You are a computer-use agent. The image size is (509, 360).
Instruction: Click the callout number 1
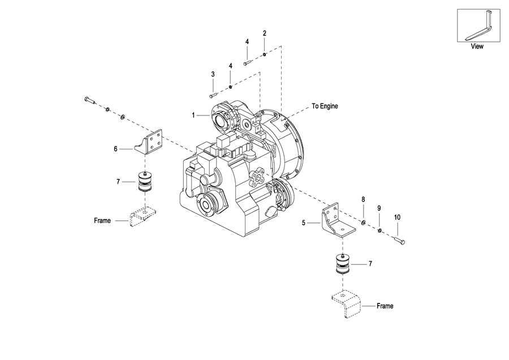coord(193,115)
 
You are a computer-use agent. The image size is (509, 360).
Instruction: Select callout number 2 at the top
coord(265,33)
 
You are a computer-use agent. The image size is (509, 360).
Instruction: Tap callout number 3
coord(213,74)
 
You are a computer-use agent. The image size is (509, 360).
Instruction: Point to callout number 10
coord(398,217)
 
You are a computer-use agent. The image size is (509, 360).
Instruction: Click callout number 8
coord(363,199)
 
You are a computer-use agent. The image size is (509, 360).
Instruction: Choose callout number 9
coord(379,208)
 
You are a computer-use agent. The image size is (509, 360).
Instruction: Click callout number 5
coord(304,223)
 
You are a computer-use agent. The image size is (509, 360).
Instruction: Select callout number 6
coord(115,149)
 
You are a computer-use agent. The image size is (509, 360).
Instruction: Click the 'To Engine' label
coord(325,106)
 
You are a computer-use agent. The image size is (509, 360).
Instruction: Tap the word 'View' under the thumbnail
coord(477,46)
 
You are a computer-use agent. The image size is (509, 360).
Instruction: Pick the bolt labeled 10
coord(400,241)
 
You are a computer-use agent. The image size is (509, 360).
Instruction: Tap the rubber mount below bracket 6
coord(144,182)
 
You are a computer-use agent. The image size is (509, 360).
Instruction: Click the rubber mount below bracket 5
coord(342,263)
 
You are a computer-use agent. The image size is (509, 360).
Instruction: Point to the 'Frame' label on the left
coord(102,221)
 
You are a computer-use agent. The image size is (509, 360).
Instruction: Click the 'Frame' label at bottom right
coord(385,306)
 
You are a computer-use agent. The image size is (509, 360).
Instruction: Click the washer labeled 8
coord(363,222)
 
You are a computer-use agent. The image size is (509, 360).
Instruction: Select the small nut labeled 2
coord(265,54)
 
